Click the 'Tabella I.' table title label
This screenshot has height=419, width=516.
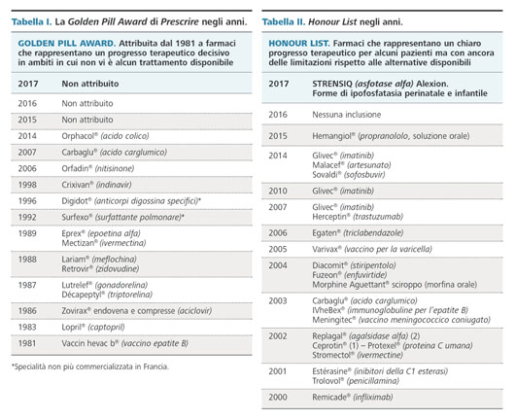pos(32,22)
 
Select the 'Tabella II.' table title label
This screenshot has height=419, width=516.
pos(284,22)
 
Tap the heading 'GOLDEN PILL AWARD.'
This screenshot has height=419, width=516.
pos(67,44)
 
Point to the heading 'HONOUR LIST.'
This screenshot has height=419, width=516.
pos(299,44)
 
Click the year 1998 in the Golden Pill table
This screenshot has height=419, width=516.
pos(27,185)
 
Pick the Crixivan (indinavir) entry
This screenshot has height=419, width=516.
pos(97,185)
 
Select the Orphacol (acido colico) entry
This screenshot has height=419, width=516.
pos(105,136)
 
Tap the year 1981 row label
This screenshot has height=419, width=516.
pos(27,343)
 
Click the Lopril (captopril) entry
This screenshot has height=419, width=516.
pos(93,328)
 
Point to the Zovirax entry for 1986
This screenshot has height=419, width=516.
pos(137,311)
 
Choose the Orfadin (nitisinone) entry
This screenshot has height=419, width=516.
pos(98,169)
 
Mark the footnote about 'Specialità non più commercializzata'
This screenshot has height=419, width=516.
pos(90,367)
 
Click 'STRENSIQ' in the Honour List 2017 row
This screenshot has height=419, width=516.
pos(332,84)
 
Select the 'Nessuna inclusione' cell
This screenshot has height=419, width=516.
pos(347,115)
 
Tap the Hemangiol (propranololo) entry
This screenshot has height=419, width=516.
pos(391,136)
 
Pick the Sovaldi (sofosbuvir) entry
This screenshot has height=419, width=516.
pos(349,175)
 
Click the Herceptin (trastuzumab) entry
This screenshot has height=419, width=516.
pos(358,217)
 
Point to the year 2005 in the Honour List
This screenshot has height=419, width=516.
pos(278,250)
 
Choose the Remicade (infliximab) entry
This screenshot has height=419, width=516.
pos(353,398)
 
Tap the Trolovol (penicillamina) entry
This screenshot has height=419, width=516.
pos(356,381)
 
